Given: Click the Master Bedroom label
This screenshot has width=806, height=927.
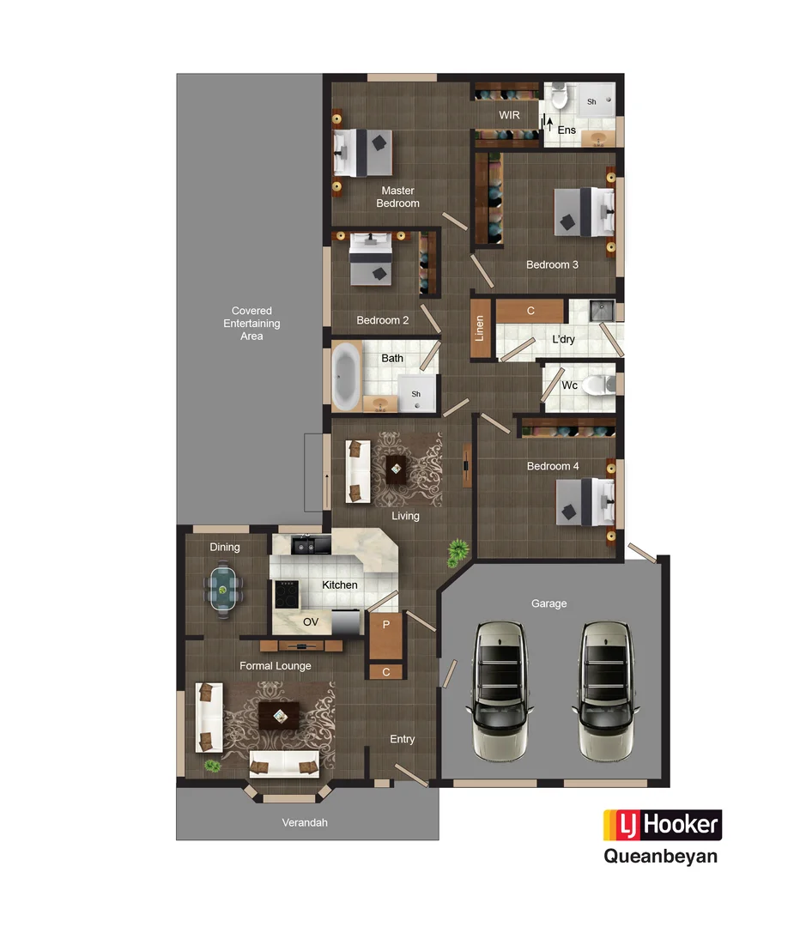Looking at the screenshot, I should click(x=397, y=197).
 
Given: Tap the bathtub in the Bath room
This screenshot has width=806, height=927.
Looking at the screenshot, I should click(x=347, y=375).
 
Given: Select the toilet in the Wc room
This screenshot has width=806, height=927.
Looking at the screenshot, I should click(x=597, y=385).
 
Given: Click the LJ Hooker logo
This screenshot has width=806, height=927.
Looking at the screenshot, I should click(x=662, y=825).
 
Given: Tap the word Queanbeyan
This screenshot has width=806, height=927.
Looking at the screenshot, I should click(x=660, y=856).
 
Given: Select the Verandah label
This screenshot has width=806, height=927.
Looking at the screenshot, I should click(x=305, y=822).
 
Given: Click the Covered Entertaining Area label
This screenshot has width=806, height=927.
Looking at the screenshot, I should click(x=251, y=324).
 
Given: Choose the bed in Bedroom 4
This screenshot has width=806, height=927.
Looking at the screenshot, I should click(x=585, y=501).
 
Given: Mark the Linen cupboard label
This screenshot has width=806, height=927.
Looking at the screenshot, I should click(x=481, y=328).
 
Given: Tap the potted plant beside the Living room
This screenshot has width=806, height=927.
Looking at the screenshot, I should click(x=458, y=551).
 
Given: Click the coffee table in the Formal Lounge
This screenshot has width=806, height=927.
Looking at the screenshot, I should click(x=279, y=713).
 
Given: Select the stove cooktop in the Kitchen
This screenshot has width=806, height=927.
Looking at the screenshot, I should click(x=285, y=591).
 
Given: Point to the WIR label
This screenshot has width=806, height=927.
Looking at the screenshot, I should click(x=509, y=115).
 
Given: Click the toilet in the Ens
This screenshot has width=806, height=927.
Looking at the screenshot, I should click(x=560, y=97).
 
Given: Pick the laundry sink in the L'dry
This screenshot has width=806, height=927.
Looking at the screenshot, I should click(x=602, y=310).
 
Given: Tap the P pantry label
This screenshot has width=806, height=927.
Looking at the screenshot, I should click(x=386, y=624).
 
